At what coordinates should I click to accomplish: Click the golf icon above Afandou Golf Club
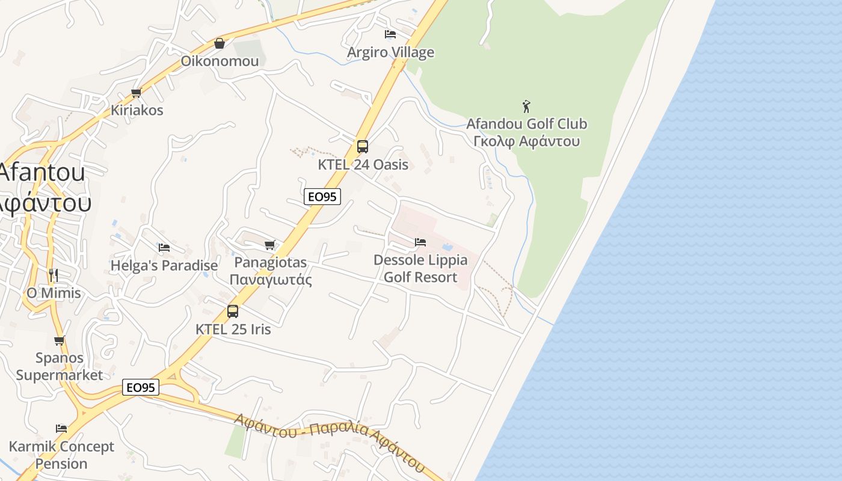tap(527, 106)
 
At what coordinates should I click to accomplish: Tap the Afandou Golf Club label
tap(526, 124)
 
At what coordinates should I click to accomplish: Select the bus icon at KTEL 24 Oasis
tap(363, 146)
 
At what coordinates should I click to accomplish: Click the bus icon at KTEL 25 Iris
tap(233, 311)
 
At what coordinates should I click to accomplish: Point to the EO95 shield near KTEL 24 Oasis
tap(322, 197)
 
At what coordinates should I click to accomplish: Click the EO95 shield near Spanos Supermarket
tap(141, 387)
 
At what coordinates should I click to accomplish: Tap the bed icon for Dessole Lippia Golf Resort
tap(420, 242)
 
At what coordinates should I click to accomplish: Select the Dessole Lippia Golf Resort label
tap(420, 268)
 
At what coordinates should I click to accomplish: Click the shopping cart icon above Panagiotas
tap(270, 245)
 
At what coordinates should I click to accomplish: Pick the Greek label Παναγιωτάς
tap(271, 280)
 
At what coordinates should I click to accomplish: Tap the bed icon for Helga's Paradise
tap(164, 247)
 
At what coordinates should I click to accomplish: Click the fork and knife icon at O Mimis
tap(54, 275)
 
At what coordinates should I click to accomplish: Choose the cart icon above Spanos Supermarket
tap(59, 341)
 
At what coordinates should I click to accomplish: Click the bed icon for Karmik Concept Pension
tap(61, 429)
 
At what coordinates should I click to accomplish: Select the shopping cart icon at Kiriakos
tap(137, 93)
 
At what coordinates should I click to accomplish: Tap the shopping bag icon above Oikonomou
tap(220, 43)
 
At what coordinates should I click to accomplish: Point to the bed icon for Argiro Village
tap(390, 34)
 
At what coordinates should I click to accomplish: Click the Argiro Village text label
tap(390, 52)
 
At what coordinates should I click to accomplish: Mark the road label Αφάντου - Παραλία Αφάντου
tap(330, 441)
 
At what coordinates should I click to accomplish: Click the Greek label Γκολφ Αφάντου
tap(526, 141)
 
